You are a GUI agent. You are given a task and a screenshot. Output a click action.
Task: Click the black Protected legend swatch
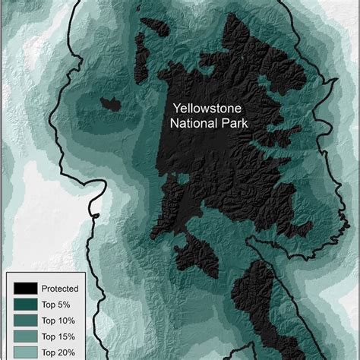(x=24, y=289)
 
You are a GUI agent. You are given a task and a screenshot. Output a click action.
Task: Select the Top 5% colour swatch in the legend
(x=24, y=304)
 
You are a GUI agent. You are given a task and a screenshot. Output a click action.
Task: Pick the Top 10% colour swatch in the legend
(x=24, y=320)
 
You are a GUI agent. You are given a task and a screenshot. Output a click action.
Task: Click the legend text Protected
(x=60, y=289)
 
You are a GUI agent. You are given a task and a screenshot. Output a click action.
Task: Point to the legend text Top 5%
(x=57, y=304)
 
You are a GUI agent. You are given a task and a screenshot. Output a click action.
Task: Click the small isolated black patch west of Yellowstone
(x=110, y=103)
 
